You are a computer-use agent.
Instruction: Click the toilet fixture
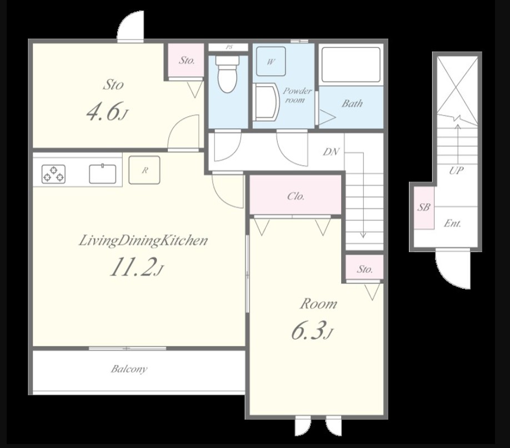point(228,74)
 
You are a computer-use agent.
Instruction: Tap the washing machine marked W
point(271,61)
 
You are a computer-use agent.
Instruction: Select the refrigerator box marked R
point(144,170)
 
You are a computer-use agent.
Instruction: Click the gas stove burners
point(53,174)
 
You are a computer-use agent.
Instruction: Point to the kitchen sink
point(102,174)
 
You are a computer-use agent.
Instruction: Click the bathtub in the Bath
point(351,65)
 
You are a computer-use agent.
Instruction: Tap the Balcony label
point(129,369)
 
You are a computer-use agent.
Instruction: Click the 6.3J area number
point(312,331)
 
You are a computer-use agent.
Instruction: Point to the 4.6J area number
point(107,111)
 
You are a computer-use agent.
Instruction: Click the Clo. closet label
point(296,196)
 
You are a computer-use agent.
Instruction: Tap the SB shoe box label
point(424,207)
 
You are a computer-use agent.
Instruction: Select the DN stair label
point(331,151)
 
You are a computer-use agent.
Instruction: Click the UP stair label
point(456,170)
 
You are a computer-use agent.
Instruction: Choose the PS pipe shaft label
point(229,47)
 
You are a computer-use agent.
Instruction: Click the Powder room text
point(297,95)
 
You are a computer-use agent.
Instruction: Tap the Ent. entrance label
point(452,224)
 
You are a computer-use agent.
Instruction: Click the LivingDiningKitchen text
point(143,241)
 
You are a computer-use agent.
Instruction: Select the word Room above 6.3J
point(318,304)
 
